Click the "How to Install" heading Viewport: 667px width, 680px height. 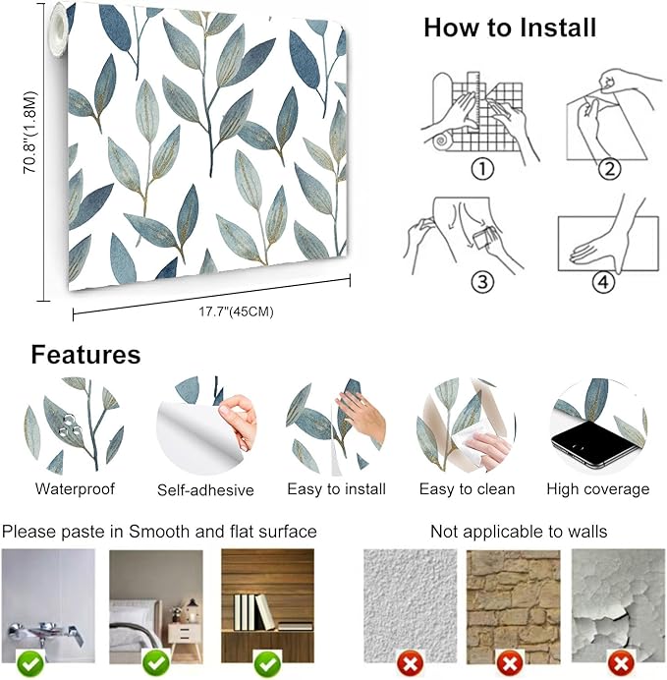(510, 28)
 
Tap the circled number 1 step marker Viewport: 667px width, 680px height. (482, 169)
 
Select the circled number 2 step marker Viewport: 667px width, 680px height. (609, 169)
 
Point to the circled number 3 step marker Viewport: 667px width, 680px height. (482, 282)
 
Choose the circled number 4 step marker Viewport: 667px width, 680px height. (603, 282)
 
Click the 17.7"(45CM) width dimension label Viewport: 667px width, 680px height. (236, 312)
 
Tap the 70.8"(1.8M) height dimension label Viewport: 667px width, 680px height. (30, 133)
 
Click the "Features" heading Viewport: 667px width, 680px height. (85, 355)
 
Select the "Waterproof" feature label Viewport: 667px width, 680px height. (75, 488)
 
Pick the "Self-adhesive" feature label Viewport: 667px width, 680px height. (205, 490)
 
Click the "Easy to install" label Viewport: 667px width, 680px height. (336, 489)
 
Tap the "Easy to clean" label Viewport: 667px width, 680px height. (468, 489)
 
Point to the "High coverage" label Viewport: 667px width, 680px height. (598, 489)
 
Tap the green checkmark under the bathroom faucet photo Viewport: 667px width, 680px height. (29, 663)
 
